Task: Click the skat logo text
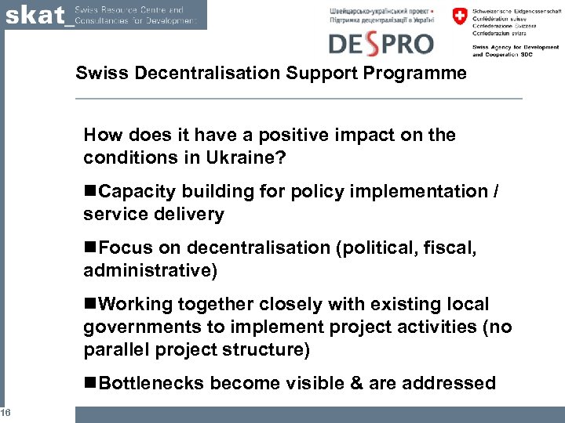click(35, 15)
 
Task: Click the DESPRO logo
click(381, 42)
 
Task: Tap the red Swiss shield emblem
click(459, 16)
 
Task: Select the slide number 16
click(5, 414)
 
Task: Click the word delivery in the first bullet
click(191, 214)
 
